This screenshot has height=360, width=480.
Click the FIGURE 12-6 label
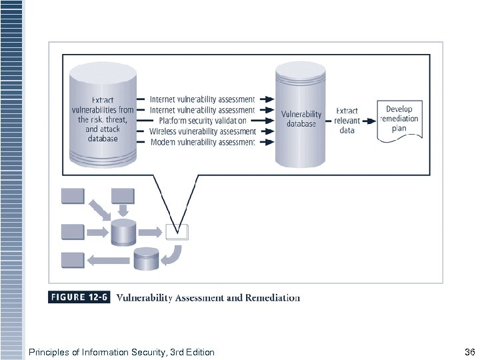click(79, 298)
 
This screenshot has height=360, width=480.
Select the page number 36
click(468, 352)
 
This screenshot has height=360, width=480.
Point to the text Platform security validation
click(198, 121)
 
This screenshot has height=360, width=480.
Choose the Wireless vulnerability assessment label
click(202, 131)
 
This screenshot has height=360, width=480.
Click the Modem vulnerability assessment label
click(202, 142)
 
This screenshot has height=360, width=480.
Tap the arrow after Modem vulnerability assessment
click(266, 142)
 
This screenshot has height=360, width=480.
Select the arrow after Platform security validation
click(266, 121)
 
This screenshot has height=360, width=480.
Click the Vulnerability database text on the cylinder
click(301, 119)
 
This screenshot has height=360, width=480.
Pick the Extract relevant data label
click(347, 121)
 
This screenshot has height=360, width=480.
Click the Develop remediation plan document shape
click(400, 120)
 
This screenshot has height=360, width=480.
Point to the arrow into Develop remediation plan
click(369, 121)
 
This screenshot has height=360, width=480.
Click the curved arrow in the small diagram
click(174, 254)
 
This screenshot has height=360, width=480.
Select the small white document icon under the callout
click(177, 232)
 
